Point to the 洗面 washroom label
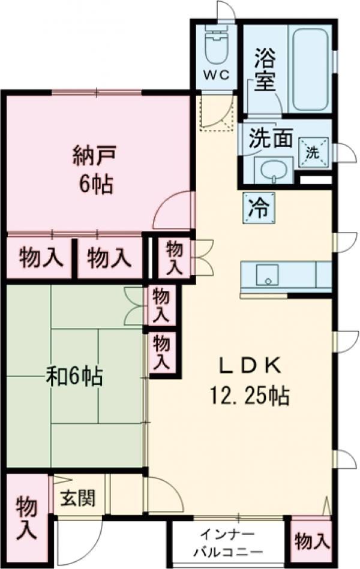point(271,139)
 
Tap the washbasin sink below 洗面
point(274,170)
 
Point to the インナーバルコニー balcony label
point(230,543)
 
